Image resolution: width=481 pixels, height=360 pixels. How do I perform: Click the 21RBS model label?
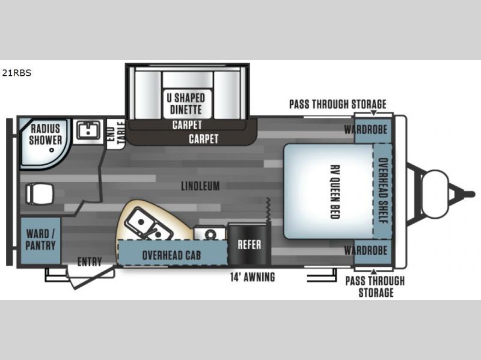(x=16, y=74)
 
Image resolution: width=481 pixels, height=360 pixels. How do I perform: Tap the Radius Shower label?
(x=46, y=134)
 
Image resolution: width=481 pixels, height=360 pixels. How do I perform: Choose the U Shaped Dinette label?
(x=186, y=104)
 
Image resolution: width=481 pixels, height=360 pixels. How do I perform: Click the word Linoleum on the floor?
(x=201, y=186)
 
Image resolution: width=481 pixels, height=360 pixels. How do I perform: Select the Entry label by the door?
(x=89, y=261)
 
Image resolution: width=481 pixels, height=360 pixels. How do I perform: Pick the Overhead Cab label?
(x=171, y=254)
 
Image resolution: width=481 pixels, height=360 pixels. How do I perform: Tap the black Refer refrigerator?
(x=249, y=245)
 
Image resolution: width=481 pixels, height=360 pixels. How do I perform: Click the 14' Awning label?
(x=253, y=277)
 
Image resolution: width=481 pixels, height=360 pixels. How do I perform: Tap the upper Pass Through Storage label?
(x=337, y=104)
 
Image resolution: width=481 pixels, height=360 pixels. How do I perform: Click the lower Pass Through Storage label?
(x=376, y=287)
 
